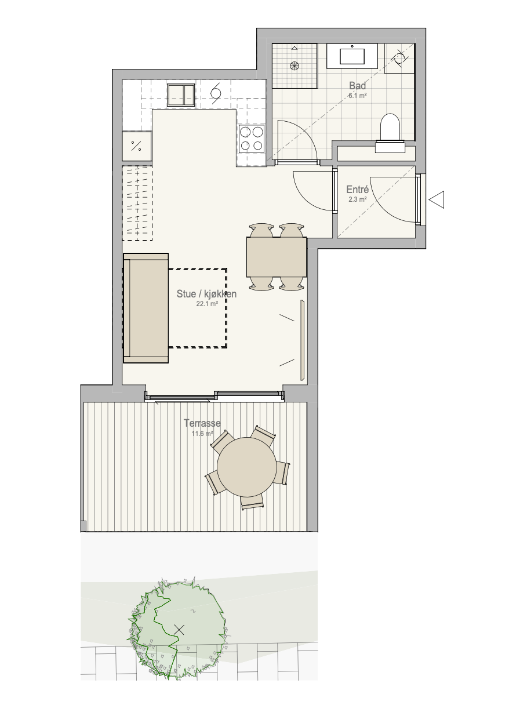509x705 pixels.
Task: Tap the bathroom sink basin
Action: (x=352, y=56)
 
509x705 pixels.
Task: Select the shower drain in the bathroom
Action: (x=295, y=66)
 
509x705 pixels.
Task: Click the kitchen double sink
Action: (x=181, y=95)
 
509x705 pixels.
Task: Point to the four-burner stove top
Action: (x=252, y=138)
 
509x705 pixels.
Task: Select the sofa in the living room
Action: (x=146, y=308)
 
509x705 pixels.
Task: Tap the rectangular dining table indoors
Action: (x=277, y=257)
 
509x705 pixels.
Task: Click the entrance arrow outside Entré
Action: (x=437, y=199)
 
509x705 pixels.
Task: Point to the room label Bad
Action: (x=358, y=85)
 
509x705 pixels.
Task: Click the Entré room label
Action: (x=357, y=190)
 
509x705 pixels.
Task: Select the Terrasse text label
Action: (x=202, y=423)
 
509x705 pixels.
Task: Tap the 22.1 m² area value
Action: (x=207, y=304)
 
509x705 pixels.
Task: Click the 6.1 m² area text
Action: (x=358, y=95)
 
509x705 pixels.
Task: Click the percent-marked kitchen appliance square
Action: (x=136, y=146)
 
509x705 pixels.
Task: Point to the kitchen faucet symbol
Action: (x=216, y=93)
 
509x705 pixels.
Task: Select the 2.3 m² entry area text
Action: (x=358, y=199)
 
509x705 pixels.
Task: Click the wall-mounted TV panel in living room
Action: (x=303, y=340)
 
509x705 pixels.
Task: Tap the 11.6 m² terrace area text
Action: (x=202, y=434)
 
